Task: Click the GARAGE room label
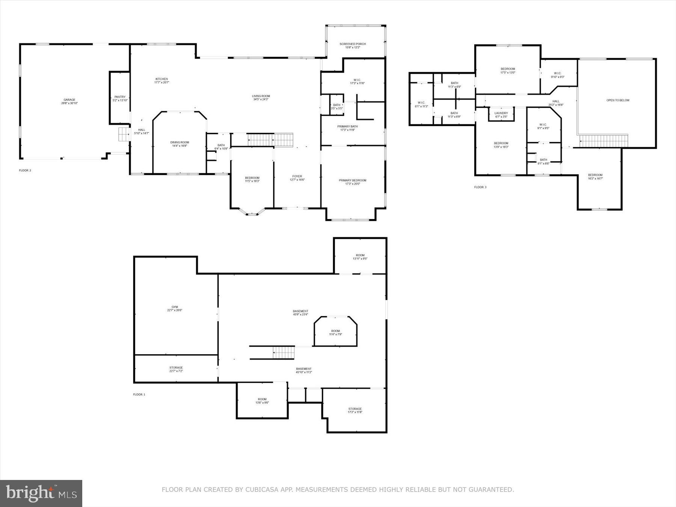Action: pos(69,100)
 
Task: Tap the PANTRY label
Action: pos(120,97)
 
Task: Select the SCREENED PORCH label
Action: pos(352,44)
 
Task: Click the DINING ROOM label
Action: pos(180,142)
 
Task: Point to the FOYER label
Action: pos(297,176)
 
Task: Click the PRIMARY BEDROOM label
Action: pos(352,180)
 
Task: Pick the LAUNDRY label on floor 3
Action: pos(501,113)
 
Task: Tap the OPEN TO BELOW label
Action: pos(618,100)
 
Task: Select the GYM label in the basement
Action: pos(175,307)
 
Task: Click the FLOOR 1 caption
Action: pos(139,394)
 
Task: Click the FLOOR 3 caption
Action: pos(480,187)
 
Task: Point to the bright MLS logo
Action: pos(41,493)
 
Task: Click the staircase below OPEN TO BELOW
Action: pos(604,141)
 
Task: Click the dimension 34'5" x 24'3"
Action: pos(261,100)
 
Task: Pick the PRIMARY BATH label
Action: pos(347,127)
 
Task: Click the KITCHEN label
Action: pos(161,79)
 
